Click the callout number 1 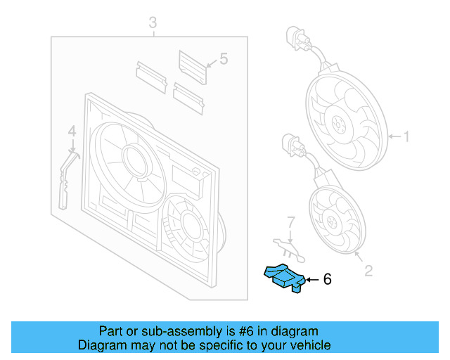click(405, 136)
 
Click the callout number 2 click(368, 269)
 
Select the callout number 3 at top click(153, 25)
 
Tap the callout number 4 click(71, 131)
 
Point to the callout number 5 click(224, 59)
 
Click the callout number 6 click(326, 280)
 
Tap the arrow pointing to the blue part click(311, 280)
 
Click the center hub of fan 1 click(340, 127)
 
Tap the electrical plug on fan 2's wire click(289, 146)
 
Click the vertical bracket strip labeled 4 click(65, 181)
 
